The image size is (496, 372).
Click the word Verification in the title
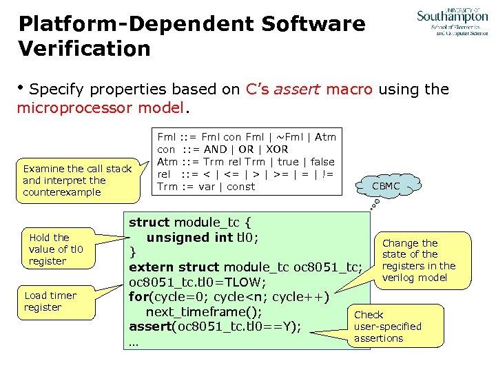(84, 49)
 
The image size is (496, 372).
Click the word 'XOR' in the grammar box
(276, 149)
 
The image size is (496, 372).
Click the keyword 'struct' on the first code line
(149, 223)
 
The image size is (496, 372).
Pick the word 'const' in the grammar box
(240, 187)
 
